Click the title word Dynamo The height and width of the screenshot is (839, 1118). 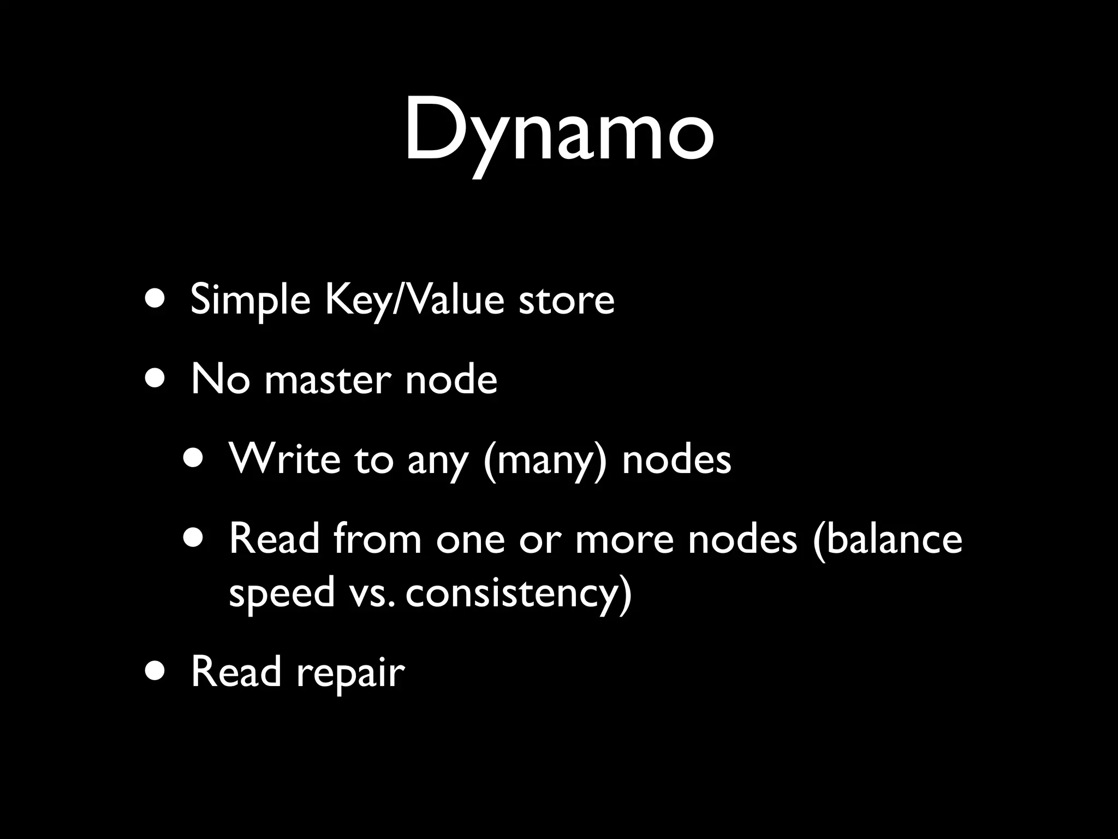[x=558, y=131]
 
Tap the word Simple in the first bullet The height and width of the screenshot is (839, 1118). [x=250, y=300]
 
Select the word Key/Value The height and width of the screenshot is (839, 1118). [x=414, y=300]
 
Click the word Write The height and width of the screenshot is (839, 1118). [x=284, y=459]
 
